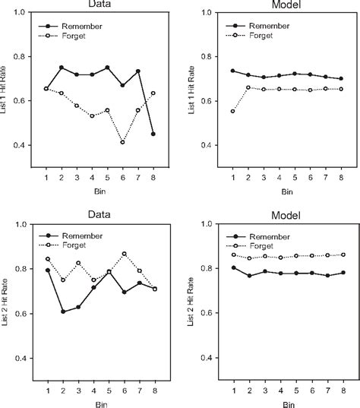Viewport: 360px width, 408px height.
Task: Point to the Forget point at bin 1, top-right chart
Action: (233, 111)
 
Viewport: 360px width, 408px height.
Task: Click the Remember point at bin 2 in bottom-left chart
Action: (62, 312)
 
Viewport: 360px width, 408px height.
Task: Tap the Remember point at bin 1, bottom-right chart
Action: (233, 267)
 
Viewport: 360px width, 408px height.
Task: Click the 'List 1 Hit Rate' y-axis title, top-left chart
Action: (6, 102)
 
